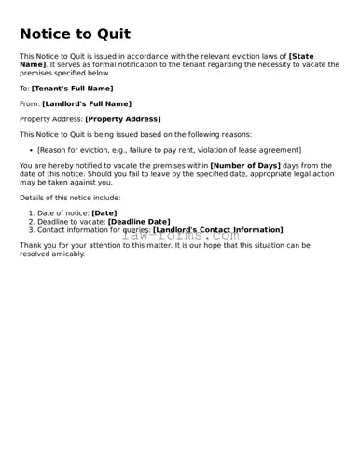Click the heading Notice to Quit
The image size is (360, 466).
click(75, 34)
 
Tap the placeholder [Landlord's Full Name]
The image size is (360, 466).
click(87, 103)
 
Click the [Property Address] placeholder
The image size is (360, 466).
click(122, 119)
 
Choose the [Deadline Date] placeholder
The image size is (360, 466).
click(139, 222)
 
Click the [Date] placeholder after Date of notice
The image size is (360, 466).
click(104, 213)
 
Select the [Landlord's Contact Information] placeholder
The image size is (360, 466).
click(217, 229)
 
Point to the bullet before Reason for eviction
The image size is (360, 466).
click(31, 150)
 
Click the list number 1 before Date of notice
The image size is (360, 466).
click(31, 213)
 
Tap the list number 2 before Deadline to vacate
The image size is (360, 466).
click(31, 222)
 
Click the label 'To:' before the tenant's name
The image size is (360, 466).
click(24, 88)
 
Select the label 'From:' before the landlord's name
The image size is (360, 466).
click(30, 103)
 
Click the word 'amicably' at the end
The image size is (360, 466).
click(69, 254)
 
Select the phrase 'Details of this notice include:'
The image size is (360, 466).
click(70, 198)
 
